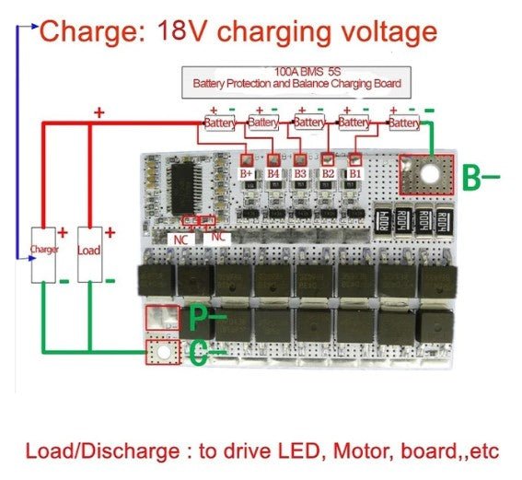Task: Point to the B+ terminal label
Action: (246, 172)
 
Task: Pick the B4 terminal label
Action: (273, 172)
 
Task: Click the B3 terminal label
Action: (300, 172)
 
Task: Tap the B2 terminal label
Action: (328, 172)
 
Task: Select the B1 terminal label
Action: (355, 172)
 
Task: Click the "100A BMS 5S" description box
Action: (297, 77)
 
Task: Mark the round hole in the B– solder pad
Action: (426, 172)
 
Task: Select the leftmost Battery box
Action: (220, 123)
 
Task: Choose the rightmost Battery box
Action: (405, 123)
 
